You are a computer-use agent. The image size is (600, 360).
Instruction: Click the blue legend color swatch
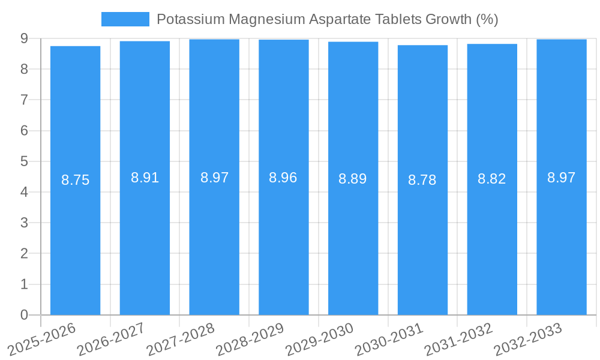pos(125,19)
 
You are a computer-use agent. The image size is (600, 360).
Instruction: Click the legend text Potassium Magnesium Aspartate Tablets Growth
pos(327,19)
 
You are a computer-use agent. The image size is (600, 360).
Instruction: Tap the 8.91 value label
pos(145,178)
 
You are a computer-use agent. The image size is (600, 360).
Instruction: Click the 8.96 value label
pos(283,178)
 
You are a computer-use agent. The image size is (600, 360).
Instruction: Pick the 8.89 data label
pos(353,179)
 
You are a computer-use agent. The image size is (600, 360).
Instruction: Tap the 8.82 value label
pos(492,179)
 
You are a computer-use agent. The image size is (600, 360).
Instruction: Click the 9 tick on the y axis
pos(24,38)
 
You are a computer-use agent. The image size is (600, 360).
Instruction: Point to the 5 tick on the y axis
pos(24,161)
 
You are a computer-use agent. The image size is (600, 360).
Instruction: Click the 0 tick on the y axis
pos(24,315)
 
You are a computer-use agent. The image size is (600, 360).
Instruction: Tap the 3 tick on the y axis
pos(24,223)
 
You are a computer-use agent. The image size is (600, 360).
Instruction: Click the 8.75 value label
pos(76,180)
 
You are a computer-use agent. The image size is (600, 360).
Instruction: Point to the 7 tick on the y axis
pos(24,100)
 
